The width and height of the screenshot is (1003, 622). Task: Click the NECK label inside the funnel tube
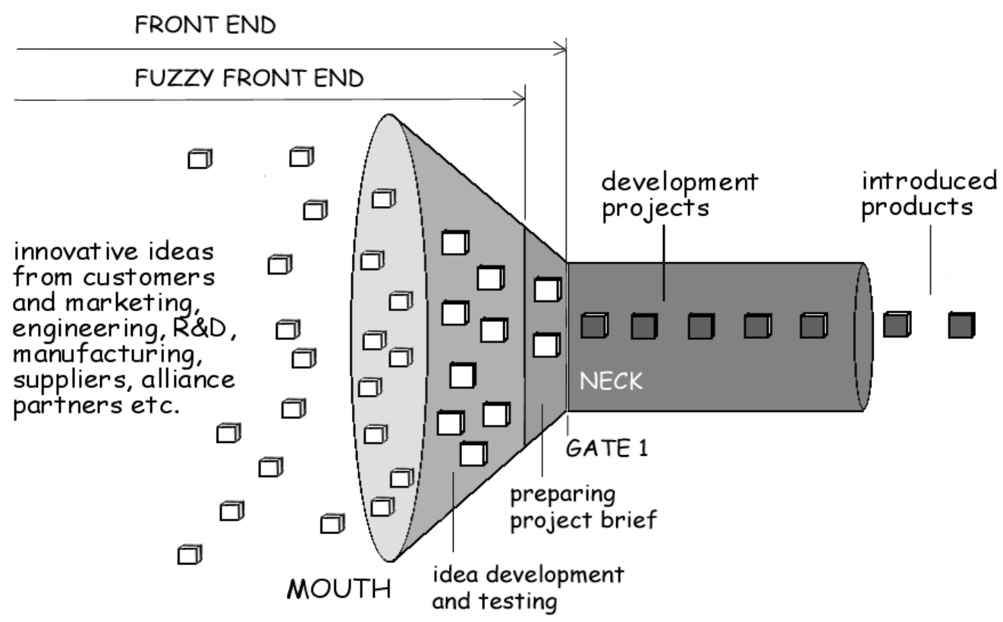click(x=611, y=381)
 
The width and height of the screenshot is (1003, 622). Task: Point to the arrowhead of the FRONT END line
click(x=561, y=51)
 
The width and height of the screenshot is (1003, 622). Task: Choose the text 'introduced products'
click(x=930, y=194)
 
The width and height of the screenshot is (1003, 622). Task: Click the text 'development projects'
click(x=679, y=194)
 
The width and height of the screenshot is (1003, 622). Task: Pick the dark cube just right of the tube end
click(x=898, y=325)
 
